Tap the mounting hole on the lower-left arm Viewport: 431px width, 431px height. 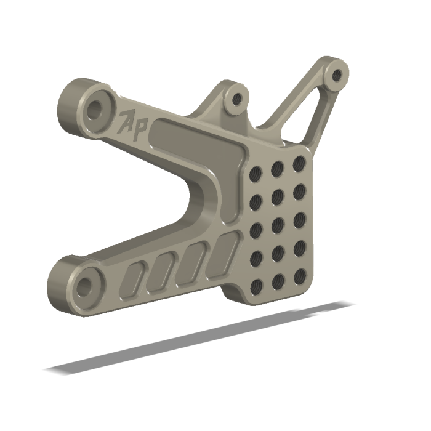(83, 284)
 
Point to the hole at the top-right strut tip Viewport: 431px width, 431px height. (336, 75)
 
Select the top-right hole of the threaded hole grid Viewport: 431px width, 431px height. (299, 164)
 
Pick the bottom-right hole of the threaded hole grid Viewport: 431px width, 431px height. (300, 275)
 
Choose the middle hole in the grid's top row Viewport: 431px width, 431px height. (276, 169)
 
